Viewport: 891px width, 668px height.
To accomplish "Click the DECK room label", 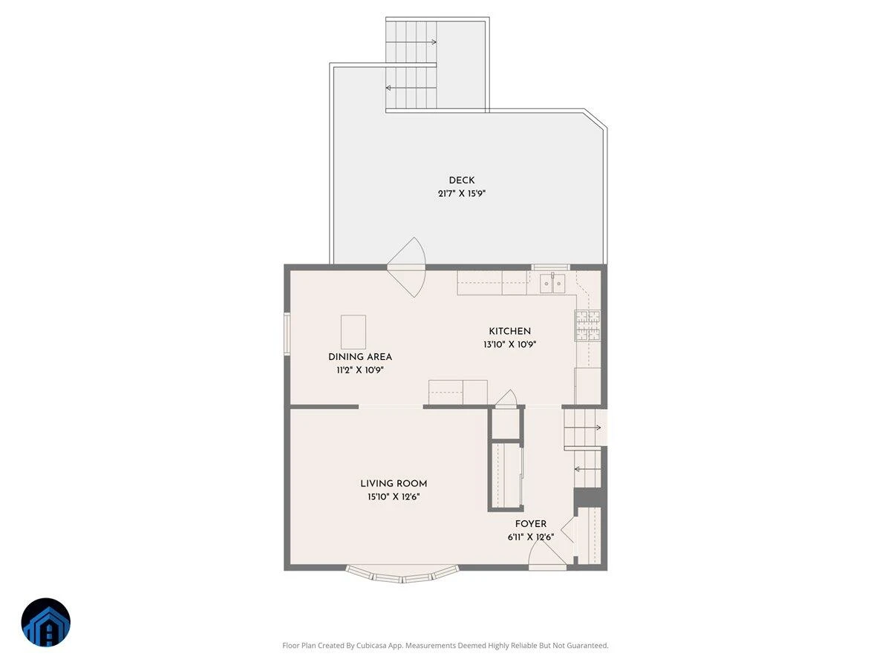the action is [462, 180].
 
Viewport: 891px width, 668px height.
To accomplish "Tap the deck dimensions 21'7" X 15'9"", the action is [462, 194].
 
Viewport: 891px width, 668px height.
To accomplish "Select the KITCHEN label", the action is [509, 331].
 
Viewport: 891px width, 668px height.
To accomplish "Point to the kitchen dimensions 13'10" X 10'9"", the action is [509, 344].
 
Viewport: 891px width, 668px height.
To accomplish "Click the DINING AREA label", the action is [360, 357].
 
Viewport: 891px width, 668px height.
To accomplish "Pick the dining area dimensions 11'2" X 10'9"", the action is [360, 370].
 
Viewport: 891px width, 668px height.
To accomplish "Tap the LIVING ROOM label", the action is [394, 484].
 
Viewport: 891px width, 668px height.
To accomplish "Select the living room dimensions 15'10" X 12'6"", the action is [394, 497].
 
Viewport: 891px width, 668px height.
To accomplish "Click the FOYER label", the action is [531, 524].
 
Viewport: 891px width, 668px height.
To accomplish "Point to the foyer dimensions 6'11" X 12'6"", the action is [531, 537].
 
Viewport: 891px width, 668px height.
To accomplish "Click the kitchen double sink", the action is [552, 283].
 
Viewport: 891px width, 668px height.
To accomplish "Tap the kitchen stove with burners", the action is [588, 325].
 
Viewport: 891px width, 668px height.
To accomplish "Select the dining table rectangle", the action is [353, 332].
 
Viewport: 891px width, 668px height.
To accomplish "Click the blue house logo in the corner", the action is [46, 622].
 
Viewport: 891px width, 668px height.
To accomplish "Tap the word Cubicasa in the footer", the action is [372, 646].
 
